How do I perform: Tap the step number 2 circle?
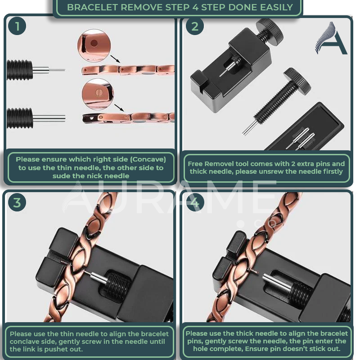pyautogui.click(x=194, y=27)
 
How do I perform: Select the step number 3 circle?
pyautogui.click(x=17, y=202)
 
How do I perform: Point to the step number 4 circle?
pyautogui.click(x=194, y=202)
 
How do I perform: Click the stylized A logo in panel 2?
pyautogui.click(x=331, y=38)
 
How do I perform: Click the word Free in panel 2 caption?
pyautogui.click(x=196, y=164)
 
